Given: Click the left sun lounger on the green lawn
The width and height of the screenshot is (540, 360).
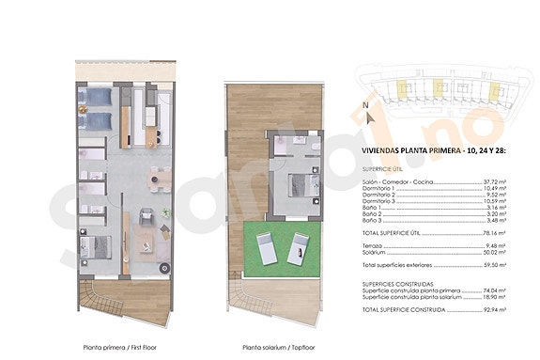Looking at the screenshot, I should [266, 249].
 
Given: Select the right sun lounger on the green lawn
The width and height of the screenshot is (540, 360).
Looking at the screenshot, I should [300, 249].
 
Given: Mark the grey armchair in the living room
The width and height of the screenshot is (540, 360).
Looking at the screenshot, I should [146, 218].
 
